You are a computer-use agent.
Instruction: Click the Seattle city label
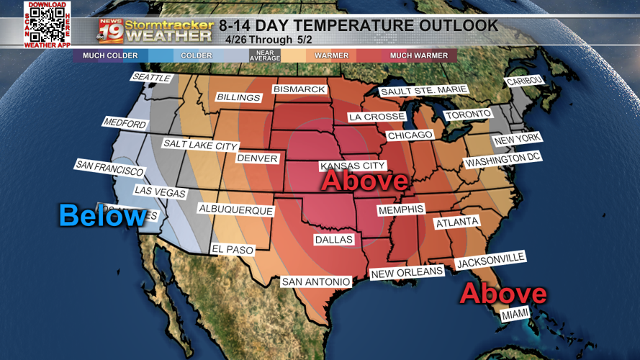click(151, 77)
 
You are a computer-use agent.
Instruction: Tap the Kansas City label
click(353, 166)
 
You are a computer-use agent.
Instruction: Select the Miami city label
click(515, 315)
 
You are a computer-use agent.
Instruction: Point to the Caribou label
click(526, 81)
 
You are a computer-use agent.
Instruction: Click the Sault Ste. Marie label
click(423, 91)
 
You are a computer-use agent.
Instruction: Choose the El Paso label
click(233, 249)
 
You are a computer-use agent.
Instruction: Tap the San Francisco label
click(109, 168)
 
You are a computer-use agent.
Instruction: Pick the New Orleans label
click(407, 272)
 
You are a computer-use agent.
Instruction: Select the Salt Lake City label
click(199, 145)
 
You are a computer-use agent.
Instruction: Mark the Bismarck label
click(299, 90)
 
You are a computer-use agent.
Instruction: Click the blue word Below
click(102, 215)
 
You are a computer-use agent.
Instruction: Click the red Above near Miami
click(502, 293)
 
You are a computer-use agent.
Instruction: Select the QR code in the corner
click(47, 25)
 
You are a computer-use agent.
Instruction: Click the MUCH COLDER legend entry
click(110, 55)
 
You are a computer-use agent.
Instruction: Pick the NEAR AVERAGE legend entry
click(264, 55)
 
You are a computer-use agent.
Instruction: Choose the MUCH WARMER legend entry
click(418, 55)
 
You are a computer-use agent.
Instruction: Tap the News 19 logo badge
click(111, 31)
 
